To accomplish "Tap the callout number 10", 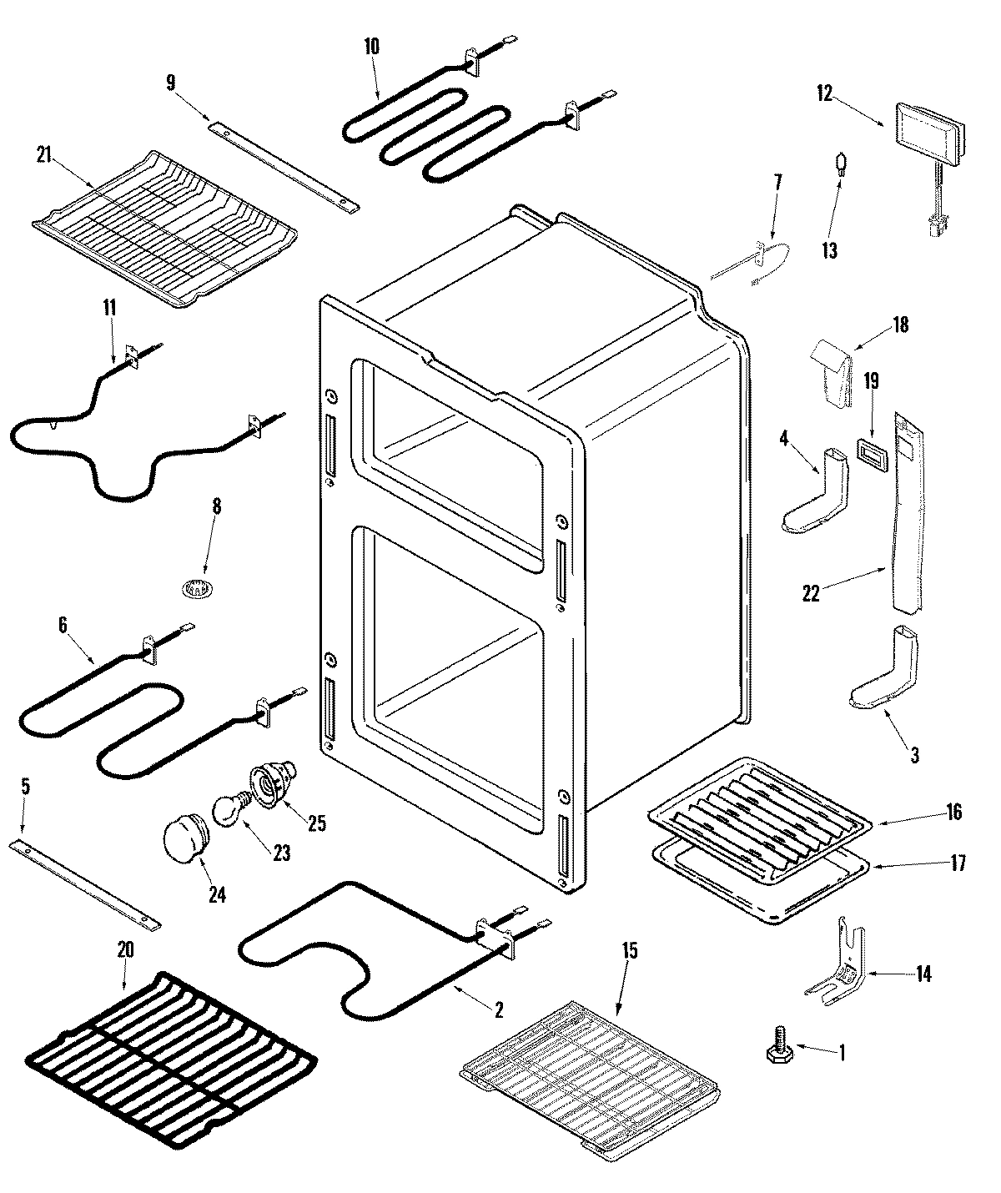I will (371, 47).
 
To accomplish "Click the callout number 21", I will (45, 154).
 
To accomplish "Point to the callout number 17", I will (957, 863).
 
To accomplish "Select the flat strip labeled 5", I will (83, 886).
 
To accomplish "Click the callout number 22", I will (810, 593).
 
